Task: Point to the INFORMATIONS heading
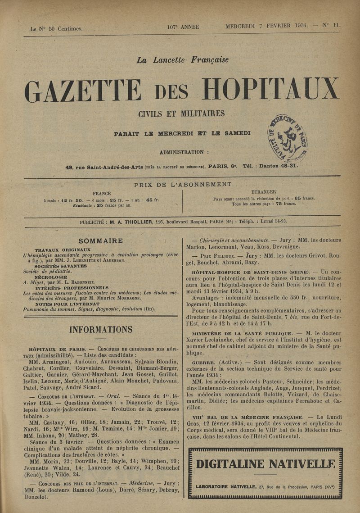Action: coord(101,330)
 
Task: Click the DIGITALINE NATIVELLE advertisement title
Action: coord(265,463)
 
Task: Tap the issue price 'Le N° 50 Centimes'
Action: coord(56,28)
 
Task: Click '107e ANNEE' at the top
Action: coord(183,27)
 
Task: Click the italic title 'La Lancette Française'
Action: coord(182,60)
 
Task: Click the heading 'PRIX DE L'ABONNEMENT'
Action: coord(183,185)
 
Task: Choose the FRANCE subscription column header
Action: coord(102,193)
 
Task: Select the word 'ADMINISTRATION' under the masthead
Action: coord(184,152)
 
